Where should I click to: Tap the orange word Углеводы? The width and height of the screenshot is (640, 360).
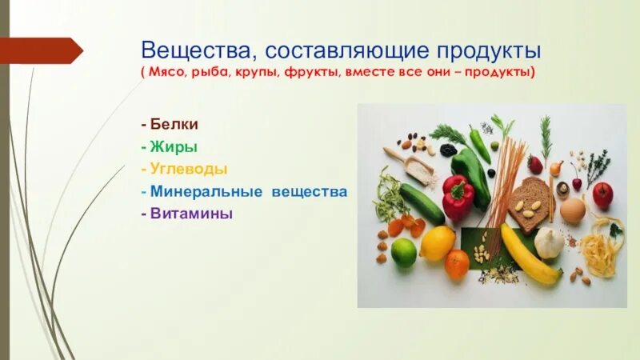pyautogui.click(x=186, y=170)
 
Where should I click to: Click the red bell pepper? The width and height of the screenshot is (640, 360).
pyautogui.click(x=458, y=198)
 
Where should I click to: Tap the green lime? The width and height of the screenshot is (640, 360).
pyautogui.click(x=405, y=252)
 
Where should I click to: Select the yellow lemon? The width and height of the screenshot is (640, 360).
pyautogui.click(x=438, y=243)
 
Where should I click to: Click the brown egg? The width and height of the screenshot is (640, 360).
pyautogui.click(x=572, y=210)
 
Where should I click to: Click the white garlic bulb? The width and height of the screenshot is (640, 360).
pyautogui.click(x=549, y=242)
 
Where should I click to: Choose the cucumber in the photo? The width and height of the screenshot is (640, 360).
pyautogui.click(x=422, y=204)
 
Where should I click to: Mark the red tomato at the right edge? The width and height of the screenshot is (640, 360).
pyautogui.click(x=602, y=194)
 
